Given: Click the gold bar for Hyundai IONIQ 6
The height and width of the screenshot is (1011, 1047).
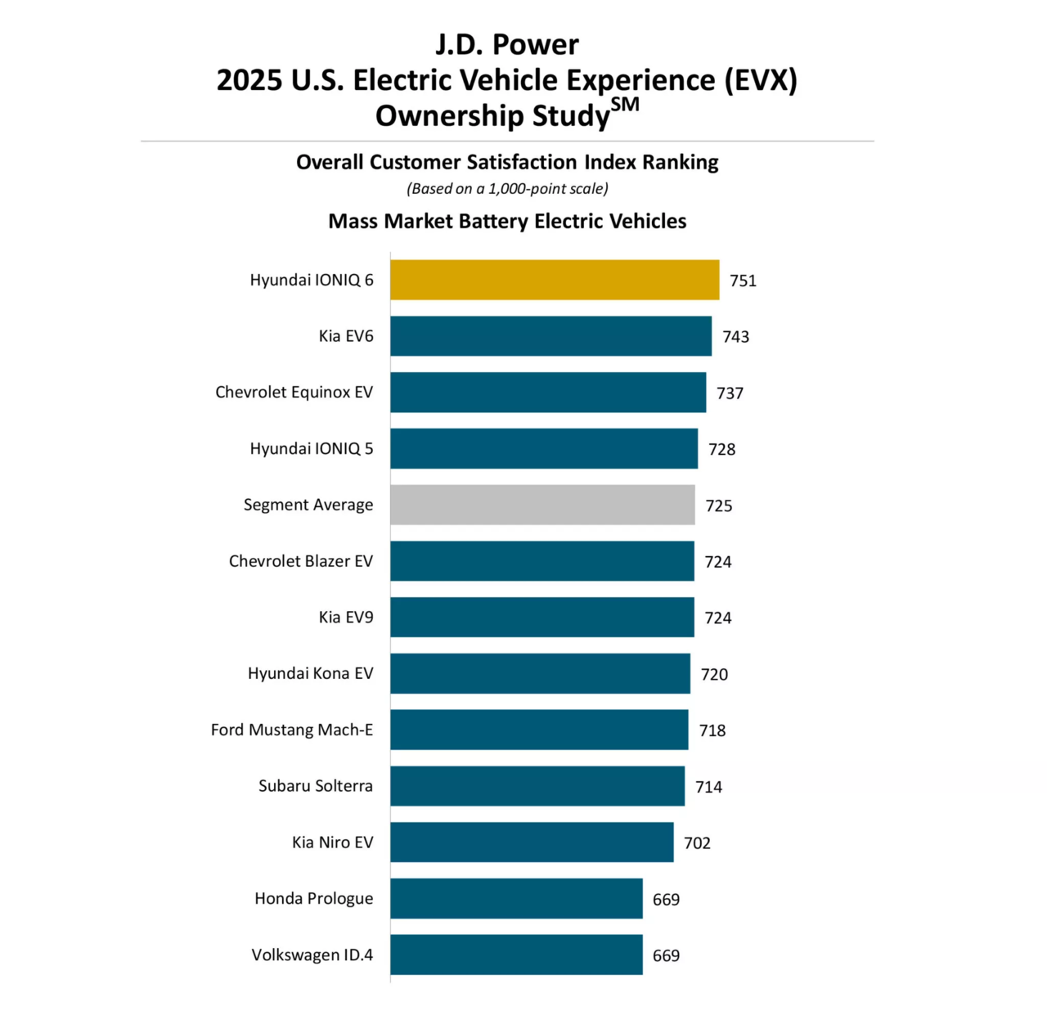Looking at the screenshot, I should (x=555, y=280).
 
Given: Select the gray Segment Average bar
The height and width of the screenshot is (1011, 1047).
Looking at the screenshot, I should (x=542, y=505).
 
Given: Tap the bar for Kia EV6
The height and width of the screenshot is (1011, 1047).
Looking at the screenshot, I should (x=550, y=336).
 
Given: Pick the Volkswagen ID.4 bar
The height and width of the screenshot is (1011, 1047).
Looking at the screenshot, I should (x=516, y=955).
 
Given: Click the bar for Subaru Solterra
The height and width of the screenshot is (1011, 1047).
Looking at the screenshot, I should (x=537, y=786).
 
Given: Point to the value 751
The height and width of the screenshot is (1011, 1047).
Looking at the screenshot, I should (x=743, y=281).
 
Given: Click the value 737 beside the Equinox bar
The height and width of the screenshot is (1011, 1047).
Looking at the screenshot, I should (x=730, y=393).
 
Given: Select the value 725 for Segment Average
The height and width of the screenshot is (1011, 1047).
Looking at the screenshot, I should (x=718, y=505).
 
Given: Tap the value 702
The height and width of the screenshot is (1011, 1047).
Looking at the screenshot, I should (x=697, y=843).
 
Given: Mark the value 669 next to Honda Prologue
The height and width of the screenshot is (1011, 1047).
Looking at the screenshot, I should (x=666, y=900).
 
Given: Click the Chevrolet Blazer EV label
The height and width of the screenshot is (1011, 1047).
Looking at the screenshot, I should (x=300, y=561).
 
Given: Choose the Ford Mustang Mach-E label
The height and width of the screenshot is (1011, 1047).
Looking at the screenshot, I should (x=291, y=730).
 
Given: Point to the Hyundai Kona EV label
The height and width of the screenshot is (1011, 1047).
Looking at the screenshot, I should (x=310, y=673).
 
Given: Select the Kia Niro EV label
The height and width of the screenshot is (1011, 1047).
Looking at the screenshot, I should (x=332, y=842).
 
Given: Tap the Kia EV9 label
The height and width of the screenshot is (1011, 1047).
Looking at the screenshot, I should (x=345, y=618).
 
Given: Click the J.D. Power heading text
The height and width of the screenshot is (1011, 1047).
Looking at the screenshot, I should (x=507, y=44).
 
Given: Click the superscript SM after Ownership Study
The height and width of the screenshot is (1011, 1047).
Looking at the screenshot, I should (x=625, y=106).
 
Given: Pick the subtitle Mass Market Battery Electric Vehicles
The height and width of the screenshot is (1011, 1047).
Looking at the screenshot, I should (x=507, y=222).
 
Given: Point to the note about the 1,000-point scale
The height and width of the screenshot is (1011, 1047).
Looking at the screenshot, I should (x=507, y=189).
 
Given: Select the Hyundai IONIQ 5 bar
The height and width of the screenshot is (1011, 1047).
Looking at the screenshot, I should (x=544, y=448).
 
